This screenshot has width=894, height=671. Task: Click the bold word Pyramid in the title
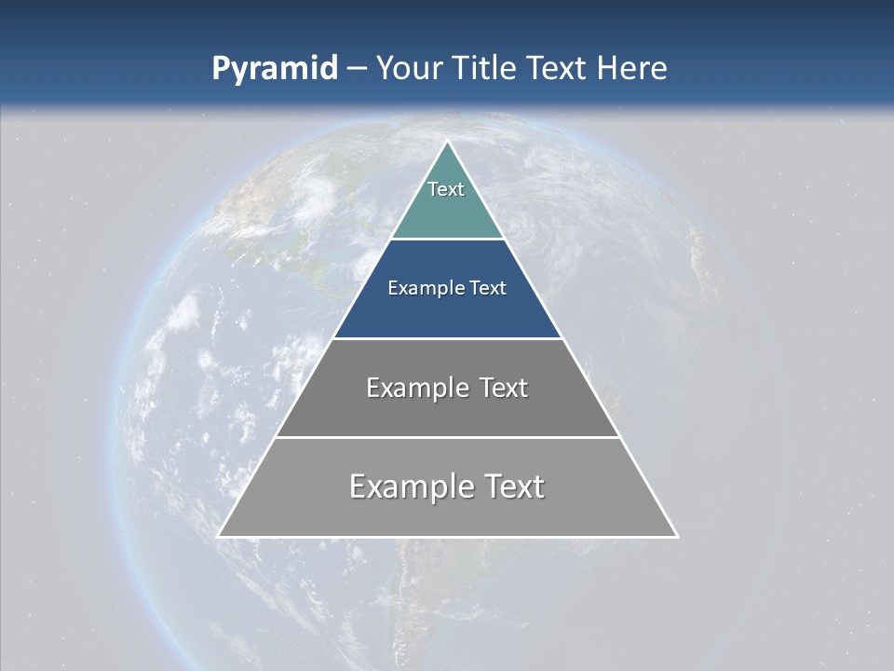(x=275, y=69)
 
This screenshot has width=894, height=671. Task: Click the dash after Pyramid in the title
(x=357, y=70)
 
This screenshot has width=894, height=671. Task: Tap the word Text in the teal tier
(x=446, y=189)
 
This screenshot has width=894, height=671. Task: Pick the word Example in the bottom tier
(x=410, y=486)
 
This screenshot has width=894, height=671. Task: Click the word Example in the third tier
(x=405, y=388)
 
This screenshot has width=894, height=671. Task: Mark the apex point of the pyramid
(x=448, y=142)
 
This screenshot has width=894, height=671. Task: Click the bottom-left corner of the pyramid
(x=219, y=536)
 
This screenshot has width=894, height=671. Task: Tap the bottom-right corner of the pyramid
(x=677, y=536)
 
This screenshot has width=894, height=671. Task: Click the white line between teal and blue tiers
(x=447, y=240)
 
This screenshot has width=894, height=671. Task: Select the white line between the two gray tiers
(x=447, y=437)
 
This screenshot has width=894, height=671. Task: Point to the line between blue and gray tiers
(x=447, y=338)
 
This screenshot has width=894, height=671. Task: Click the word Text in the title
(x=558, y=69)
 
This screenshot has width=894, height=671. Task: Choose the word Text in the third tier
(x=503, y=388)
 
